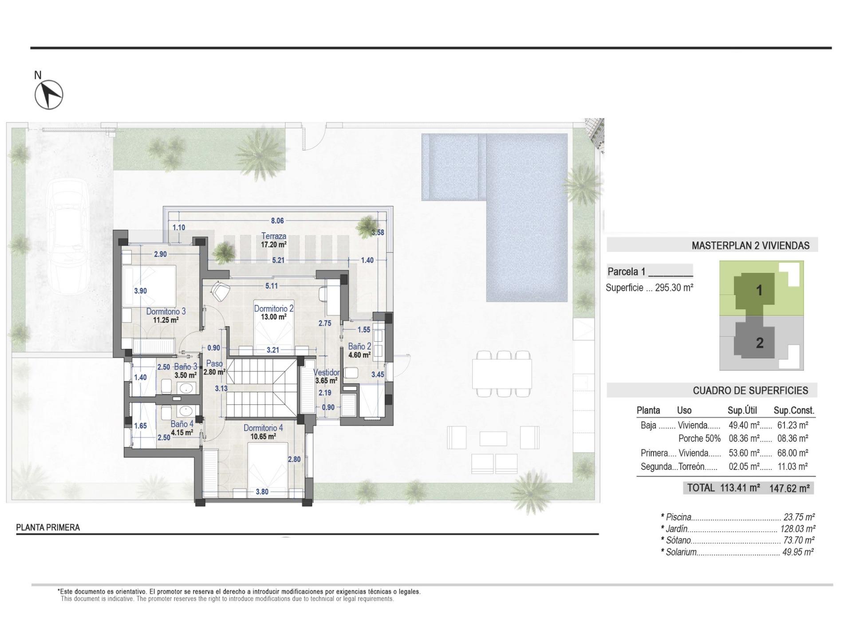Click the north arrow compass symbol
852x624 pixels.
(x=49, y=95)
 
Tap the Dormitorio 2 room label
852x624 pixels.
(x=273, y=308)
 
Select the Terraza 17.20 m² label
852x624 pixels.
(x=273, y=240)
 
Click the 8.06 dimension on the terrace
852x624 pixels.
(x=277, y=221)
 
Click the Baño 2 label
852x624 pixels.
(x=359, y=346)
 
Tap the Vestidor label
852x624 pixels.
(x=327, y=372)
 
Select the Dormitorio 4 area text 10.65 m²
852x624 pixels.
(x=263, y=436)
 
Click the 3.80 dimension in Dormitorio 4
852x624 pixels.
(x=262, y=491)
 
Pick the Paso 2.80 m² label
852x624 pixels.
(x=214, y=367)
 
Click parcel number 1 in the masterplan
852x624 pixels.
(x=759, y=290)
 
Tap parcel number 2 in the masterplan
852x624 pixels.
(x=759, y=343)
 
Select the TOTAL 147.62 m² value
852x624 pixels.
(x=789, y=488)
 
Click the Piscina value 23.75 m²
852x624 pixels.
(x=799, y=517)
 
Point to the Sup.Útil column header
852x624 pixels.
(x=742, y=410)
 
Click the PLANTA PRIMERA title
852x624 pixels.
(x=48, y=527)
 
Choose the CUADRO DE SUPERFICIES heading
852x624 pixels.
(x=750, y=391)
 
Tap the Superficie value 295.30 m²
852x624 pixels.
(x=674, y=288)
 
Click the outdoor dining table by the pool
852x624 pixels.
(x=502, y=374)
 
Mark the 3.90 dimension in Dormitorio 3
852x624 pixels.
(x=140, y=291)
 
